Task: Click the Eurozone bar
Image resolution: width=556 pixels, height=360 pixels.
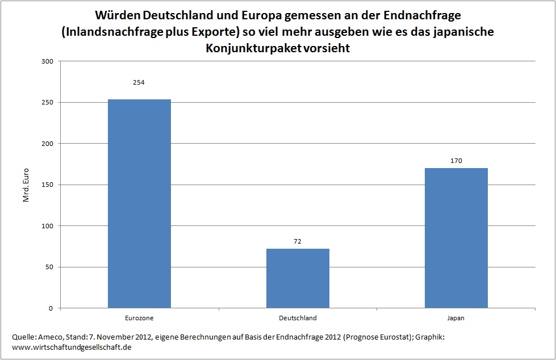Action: [x=139, y=204]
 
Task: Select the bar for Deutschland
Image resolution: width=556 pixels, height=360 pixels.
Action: [x=298, y=278]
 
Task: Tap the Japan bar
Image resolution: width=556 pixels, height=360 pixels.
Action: [x=456, y=238]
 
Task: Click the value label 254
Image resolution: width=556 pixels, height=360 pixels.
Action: [x=139, y=82]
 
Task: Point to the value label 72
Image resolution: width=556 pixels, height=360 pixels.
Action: [x=298, y=241]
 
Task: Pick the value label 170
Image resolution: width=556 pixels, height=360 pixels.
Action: [x=456, y=161]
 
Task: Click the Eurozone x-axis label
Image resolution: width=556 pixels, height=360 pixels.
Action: [x=139, y=318]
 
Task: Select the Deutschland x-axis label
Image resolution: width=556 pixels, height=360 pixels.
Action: [x=298, y=318]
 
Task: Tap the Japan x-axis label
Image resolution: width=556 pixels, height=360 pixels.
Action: [x=456, y=318]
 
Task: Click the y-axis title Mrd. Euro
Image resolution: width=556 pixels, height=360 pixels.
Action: [x=26, y=185]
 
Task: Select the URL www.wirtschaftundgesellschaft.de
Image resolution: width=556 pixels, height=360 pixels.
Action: [x=72, y=347]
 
